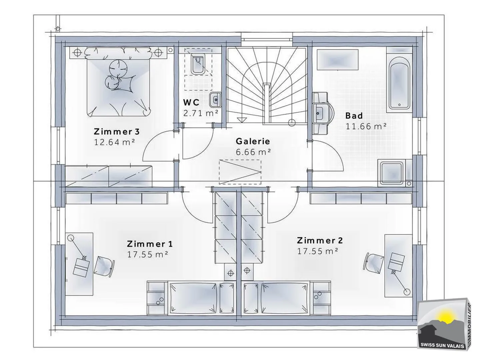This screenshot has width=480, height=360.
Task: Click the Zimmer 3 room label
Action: click(117, 132)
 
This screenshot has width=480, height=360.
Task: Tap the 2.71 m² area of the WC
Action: click(201, 113)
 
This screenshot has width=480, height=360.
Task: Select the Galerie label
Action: click(253, 141)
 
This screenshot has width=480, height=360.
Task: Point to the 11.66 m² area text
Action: click(366, 126)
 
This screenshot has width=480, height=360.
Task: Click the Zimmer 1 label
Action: click(150, 244)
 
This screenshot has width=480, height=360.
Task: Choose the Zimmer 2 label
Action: click(320, 240)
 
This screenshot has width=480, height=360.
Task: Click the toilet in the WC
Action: click(198, 63)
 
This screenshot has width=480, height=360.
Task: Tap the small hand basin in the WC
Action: click(215, 100)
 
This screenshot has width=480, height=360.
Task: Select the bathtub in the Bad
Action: click(399, 83)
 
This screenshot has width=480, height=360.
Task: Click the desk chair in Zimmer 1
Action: click(105, 267)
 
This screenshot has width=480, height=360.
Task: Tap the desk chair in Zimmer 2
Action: click(374, 263)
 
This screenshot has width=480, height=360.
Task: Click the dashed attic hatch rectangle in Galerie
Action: click(240, 172)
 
